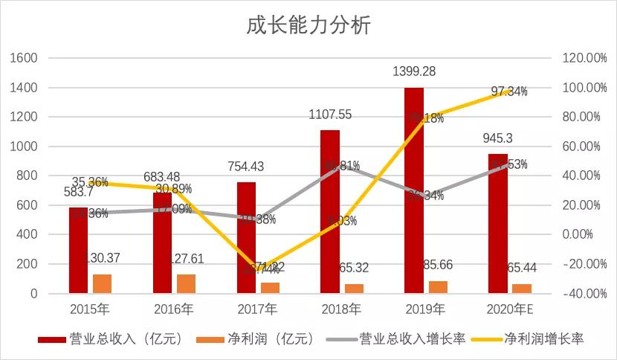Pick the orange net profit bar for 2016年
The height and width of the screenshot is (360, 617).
click(x=186, y=283)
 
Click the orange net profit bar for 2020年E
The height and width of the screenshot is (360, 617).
click(x=522, y=289)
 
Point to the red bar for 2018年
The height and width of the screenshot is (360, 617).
click(x=330, y=211)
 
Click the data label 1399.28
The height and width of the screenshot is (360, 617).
click(x=414, y=72)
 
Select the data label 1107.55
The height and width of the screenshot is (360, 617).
click(x=330, y=115)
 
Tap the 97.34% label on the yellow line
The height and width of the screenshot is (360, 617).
click(x=509, y=91)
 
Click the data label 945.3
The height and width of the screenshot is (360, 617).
click(x=498, y=138)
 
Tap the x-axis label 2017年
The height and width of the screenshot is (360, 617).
click(x=258, y=308)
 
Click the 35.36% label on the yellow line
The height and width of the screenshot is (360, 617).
click(x=91, y=182)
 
